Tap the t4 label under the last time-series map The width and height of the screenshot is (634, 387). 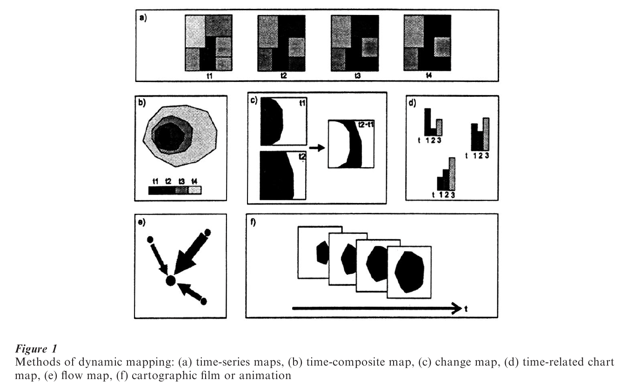428,75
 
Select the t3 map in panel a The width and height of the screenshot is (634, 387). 354,42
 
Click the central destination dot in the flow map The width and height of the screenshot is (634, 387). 170,280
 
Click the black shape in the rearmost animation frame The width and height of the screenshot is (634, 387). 321,253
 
